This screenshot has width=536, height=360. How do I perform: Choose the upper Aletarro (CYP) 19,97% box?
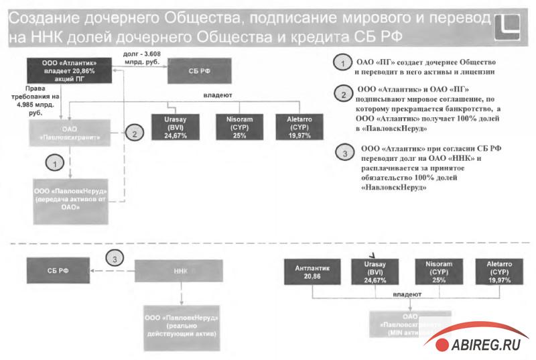coord(301,126)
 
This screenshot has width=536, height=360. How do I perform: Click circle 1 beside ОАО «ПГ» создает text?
coord(342,63)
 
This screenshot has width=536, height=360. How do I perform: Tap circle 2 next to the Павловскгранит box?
coord(135,133)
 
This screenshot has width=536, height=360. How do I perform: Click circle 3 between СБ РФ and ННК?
coord(115,259)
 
